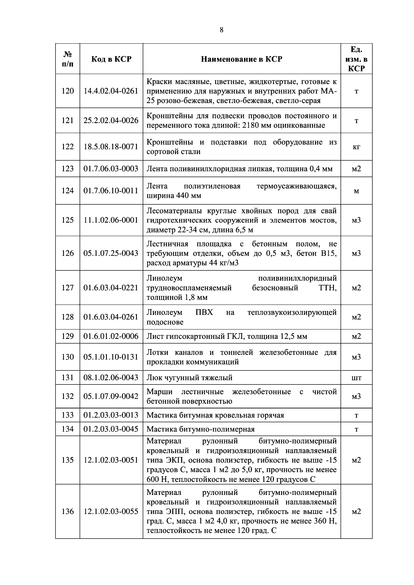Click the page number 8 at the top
pyautogui.click(x=221, y=30)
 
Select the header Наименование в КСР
pyautogui.click(x=242, y=59)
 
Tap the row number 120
pyautogui.click(x=68, y=91)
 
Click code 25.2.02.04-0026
pyautogui.click(x=111, y=120)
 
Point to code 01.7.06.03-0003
pyautogui.click(x=111, y=169)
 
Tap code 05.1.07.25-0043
pyautogui.click(x=111, y=253)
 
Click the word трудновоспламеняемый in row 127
pyautogui.click(x=189, y=288)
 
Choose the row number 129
pyautogui.click(x=68, y=336)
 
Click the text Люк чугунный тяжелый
pyautogui.click(x=189, y=378)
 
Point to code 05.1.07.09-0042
pyautogui.click(x=111, y=396)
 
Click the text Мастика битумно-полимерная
pyautogui.click(x=200, y=429)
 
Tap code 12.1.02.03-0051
pyautogui.click(x=111, y=460)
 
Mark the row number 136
pyautogui.click(x=68, y=511)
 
